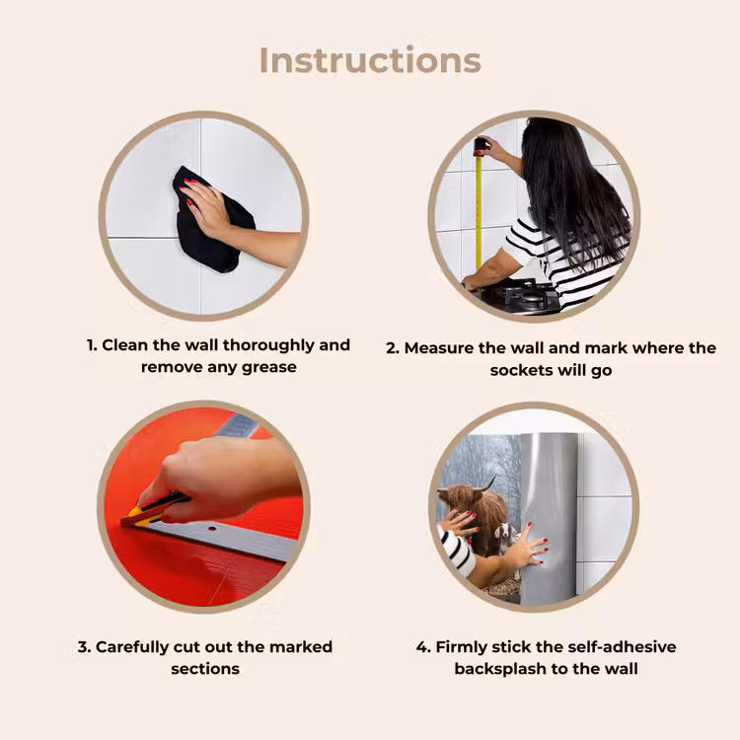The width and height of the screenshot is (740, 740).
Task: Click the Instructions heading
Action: click(x=370, y=61)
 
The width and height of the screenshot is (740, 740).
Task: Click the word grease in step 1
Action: click(x=269, y=368)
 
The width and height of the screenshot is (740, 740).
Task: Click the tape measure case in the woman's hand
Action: click(x=481, y=146)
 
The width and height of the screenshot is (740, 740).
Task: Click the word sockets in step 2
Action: click(x=521, y=370)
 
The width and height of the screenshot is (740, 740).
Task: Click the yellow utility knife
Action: click(x=153, y=511)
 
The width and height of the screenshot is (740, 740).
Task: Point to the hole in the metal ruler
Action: click(x=212, y=529)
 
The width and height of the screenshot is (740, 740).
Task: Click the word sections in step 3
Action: click(x=205, y=669)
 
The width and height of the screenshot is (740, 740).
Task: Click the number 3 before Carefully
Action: click(x=83, y=647)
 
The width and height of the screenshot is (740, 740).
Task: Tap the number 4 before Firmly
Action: click(x=422, y=647)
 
